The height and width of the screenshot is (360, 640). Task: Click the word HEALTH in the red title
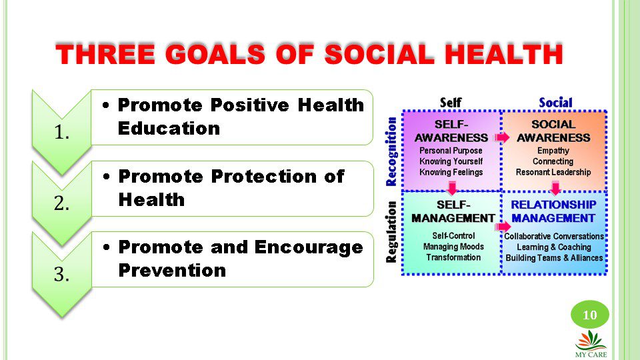(x=504, y=54)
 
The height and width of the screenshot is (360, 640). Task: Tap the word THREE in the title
(x=105, y=54)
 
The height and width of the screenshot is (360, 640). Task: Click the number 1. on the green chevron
(x=61, y=132)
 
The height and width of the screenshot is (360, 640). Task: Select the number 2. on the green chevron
(x=61, y=203)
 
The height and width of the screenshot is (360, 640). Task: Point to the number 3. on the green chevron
(x=61, y=274)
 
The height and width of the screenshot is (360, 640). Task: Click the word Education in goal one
(x=169, y=128)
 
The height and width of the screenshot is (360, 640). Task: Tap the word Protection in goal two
(x=264, y=176)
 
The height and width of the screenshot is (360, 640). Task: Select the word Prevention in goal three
(x=172, y=270)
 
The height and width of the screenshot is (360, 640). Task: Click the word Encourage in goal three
(x=309, y=247)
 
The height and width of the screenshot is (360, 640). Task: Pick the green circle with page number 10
(x=590, y=315)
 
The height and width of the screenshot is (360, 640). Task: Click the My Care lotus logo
(x=591, y=343)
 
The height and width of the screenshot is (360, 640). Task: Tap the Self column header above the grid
(x=451, y=103)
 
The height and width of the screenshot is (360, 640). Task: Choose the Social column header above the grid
(x=555, y=103)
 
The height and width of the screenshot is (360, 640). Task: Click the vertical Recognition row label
(x=391, y=152)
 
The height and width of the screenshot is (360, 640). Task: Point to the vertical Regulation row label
(x=391, y=232)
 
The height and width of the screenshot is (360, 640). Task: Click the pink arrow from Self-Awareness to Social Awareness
(x=502, y=137)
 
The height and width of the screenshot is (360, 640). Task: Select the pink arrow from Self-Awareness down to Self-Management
(x=452, y=188)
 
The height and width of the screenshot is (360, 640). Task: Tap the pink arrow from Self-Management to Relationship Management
(x=504, y=227)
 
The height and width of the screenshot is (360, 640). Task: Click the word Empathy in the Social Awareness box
(x=553, y=151)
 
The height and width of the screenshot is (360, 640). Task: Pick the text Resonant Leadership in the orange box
(x=553, y=172)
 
